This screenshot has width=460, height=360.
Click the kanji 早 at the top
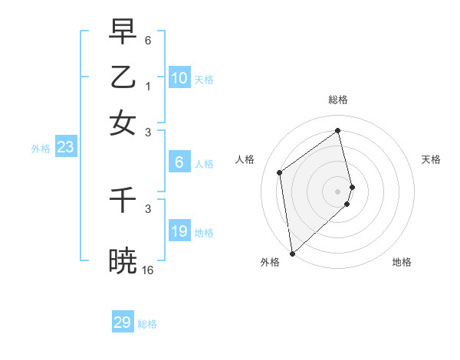(123, 32)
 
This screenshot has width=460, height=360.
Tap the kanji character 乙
(123, 77)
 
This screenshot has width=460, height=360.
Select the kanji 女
(123, 123)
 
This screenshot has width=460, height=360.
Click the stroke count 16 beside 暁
(147, 270)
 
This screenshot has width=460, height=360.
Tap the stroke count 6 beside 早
(147, 40)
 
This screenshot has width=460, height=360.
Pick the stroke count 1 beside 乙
(147, 86)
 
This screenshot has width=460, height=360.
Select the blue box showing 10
(179, 78)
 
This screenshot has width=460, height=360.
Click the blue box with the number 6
(179, 162)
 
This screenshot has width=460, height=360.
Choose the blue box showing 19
(179, 231)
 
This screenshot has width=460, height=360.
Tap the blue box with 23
(65, 147)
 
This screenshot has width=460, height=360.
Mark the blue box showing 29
(123, 322)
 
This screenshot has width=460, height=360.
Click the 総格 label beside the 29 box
(147, 324)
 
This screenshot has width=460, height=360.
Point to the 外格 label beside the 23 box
(40, 149)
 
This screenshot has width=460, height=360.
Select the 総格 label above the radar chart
(338, 100)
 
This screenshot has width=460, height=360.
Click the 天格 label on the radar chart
(431, 159)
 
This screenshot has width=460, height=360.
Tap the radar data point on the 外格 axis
(292, 253)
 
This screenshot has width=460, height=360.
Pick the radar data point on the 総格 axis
(338, 131)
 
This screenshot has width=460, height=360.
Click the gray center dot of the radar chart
(338, 191)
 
